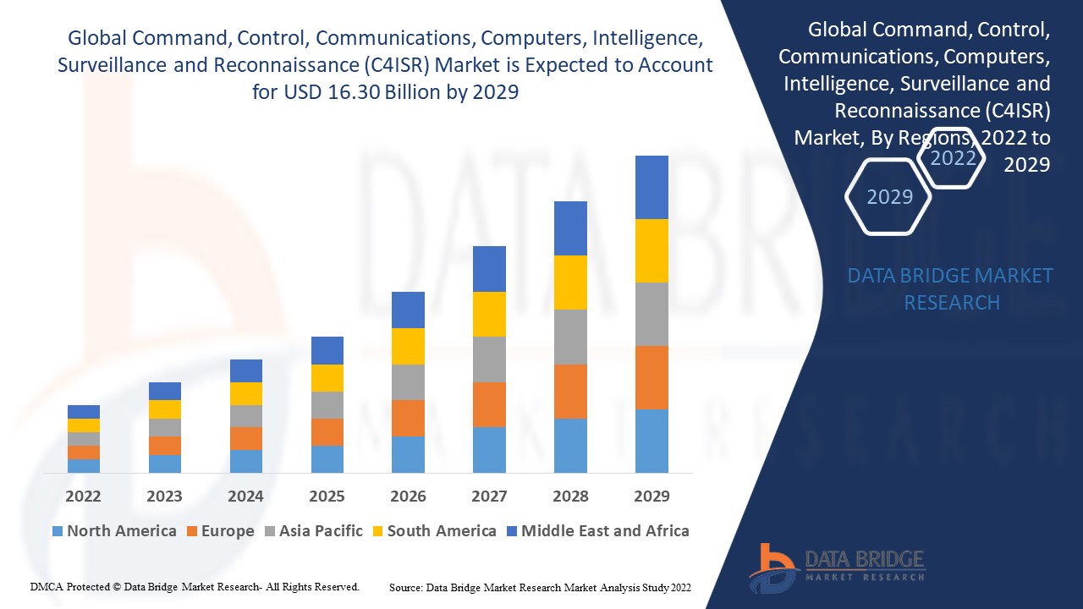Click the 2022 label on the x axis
pos(83,496)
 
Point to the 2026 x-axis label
pos(408,496)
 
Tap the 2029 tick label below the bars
pos(651,496)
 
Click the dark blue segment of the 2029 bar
pos(651,187)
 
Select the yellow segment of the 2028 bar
pos(570,283)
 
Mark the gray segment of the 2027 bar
pos(489,359)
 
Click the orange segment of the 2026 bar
pos(408,418)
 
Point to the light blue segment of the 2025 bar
pos(327,458)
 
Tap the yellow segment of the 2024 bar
pos(245,393)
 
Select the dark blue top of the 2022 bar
pos(83,412)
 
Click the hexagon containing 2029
pos(889,197)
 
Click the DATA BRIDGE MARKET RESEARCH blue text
pos(950,288)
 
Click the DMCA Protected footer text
pos(195,586)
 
